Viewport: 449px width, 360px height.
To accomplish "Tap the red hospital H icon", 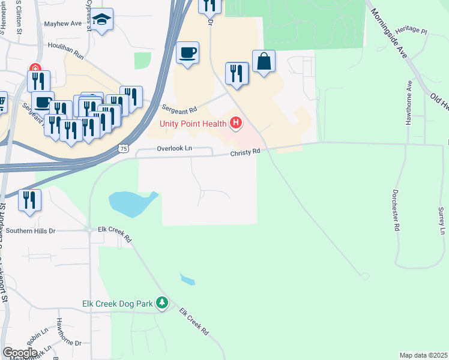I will coord(236,124).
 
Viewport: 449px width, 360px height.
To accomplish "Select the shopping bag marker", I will coord(264,61).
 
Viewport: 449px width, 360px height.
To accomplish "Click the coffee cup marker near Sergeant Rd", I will coord(188,53).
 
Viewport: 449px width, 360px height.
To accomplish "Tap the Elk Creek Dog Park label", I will coord(118,304).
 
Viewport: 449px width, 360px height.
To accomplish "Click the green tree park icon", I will coord(161,303).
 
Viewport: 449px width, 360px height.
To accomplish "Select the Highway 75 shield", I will coord(122,148).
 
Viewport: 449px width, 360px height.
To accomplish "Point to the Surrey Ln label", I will coord(442,221).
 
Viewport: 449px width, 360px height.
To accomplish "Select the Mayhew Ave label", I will coord(62,25).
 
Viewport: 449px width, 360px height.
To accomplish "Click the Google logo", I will coord(20,353).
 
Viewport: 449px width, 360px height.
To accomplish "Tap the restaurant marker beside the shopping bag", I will coord(237,74).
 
